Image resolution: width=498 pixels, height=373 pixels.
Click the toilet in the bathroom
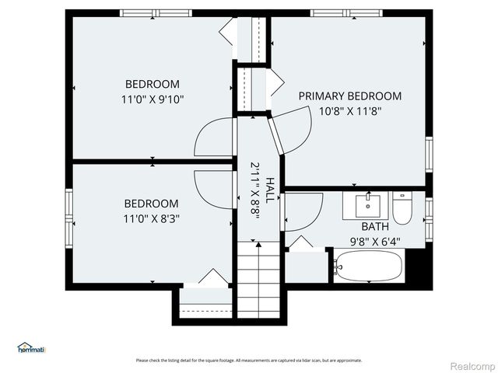click(x=402, y=208)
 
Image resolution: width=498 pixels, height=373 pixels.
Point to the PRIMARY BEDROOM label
click(x=350, y=96)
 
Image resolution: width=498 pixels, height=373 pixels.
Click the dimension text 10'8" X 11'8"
click(x=350, y=111)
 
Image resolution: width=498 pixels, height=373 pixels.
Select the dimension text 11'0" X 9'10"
click(x=153, y=99)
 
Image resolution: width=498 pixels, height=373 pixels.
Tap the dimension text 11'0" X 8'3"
click(x=151, y=218)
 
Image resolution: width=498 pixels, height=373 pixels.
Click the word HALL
click(x=269, y=190)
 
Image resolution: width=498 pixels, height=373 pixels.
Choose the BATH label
click(x=374, y=226)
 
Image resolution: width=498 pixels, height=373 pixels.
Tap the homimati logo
click(x=31, y=348)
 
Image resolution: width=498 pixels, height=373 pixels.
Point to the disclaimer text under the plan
click(x=248, y=360)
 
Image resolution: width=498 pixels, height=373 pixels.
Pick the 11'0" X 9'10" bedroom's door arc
click(x=212, y=138)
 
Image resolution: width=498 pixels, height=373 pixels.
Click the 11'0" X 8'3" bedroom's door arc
click(x=212, y=190)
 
